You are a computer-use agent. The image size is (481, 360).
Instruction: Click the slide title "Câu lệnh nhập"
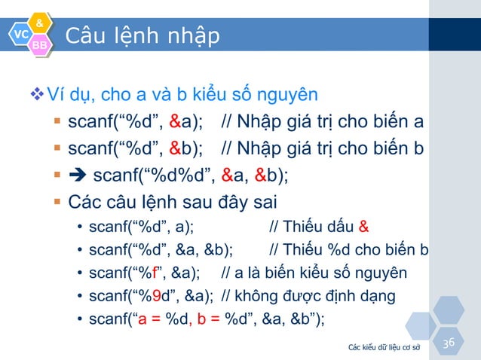click(x=142, y=35)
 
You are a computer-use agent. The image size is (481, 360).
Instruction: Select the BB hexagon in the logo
click(x=40, y=47)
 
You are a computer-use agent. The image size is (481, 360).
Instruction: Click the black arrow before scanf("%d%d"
click(x=78, y=177)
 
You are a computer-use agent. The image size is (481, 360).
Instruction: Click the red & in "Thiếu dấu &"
click(x=364, y=227)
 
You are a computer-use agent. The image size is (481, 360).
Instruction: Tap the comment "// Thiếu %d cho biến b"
click(x=349, y=249)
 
